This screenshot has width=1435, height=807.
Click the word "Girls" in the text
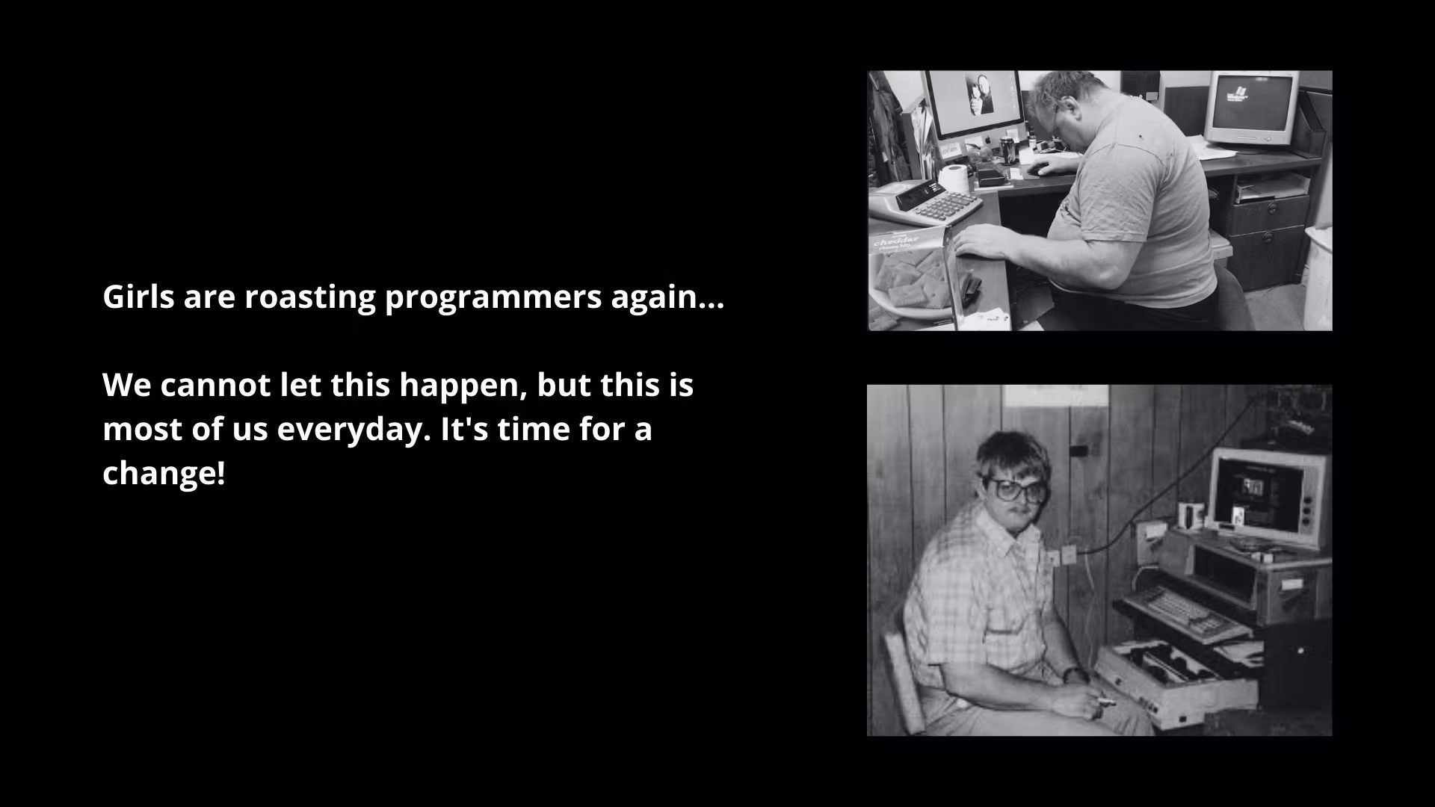point(138,297)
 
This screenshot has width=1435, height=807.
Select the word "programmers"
point(493,297)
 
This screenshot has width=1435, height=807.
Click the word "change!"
point(164,474)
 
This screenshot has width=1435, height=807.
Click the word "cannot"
point(215,386)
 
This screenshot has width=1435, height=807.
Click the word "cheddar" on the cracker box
point(896,241)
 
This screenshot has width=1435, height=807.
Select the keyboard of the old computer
point(1181,611)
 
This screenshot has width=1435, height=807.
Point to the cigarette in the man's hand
point(1100,702)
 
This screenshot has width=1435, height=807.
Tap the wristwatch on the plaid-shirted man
point(1075,675)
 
